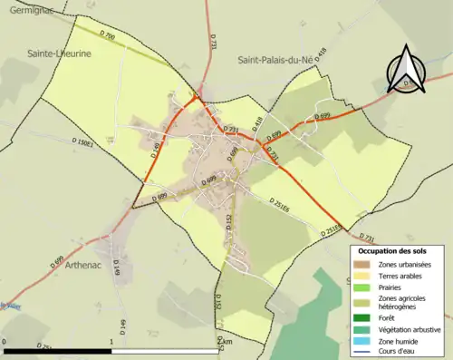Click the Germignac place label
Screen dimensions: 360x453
click(x=26, y=9)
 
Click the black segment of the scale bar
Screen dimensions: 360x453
click(x=58, y=348)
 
